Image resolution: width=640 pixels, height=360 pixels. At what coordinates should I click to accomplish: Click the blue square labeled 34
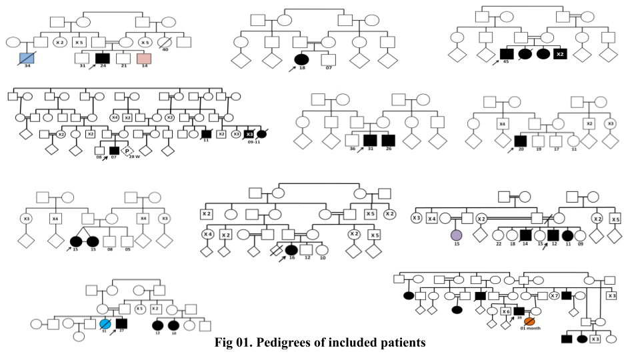pos(27,58)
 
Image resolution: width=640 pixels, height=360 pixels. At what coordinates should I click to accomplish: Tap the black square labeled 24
pos(102,59)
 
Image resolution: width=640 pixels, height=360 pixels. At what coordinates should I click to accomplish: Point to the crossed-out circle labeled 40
pos(165,42)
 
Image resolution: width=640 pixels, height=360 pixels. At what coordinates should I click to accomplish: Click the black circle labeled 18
pos(302,59)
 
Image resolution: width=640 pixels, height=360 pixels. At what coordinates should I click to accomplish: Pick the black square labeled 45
pos(506,53)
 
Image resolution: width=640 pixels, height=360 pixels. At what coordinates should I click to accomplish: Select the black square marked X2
pos(561,53)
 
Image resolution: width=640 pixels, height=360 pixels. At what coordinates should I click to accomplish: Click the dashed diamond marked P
pos(127,151)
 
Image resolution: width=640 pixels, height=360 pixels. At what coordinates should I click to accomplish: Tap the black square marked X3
pos(249,134)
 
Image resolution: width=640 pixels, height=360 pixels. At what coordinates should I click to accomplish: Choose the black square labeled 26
pos(388,140)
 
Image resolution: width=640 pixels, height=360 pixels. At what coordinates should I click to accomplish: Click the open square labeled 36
pos(352,140)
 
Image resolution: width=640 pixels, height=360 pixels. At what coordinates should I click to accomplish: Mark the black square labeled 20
pos(521,141)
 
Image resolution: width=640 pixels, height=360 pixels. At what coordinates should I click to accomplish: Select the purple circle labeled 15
pos(456,235)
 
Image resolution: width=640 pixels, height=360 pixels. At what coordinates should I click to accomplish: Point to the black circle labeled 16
pos(291,250)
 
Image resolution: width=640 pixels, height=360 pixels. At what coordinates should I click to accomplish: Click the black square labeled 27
pos(121,323)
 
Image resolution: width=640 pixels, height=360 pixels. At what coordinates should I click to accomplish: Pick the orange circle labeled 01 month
pos(529,322)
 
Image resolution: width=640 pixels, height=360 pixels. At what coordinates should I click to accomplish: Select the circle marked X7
pos(554,295)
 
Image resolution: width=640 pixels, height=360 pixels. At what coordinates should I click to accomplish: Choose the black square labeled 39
pos(519,311)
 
